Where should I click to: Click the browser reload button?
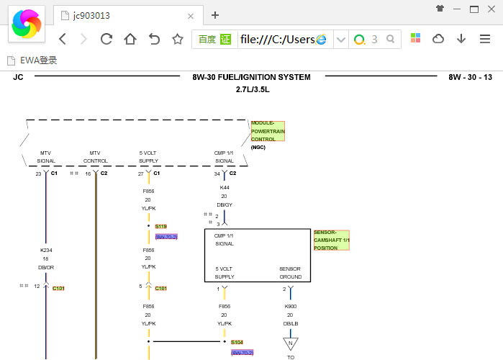click(107, 39)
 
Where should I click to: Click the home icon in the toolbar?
click(130, 39)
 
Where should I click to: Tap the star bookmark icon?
click(178, 39)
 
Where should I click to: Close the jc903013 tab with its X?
click(191, 16)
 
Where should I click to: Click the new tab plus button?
click(215, 15)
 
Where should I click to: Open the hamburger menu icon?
click(485, 39)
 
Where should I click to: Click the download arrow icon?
click(461, 39)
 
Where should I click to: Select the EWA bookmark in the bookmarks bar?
click(32, 60)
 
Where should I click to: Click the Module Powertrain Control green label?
click(268, 131)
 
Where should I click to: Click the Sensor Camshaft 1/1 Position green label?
click(332, 240)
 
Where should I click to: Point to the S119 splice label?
click(160, 227)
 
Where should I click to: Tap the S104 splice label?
click(237, 342)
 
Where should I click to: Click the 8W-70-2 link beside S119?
click(166, 237)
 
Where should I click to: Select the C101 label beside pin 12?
click(58, 289)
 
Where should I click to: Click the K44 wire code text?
click(225, 187)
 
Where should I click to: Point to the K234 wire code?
click(46, 251)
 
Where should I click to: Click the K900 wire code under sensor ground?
click(290, 307)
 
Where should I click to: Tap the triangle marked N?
click(290, 343)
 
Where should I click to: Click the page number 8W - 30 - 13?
click(470, 77)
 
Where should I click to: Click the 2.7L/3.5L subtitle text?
click(253, 89)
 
